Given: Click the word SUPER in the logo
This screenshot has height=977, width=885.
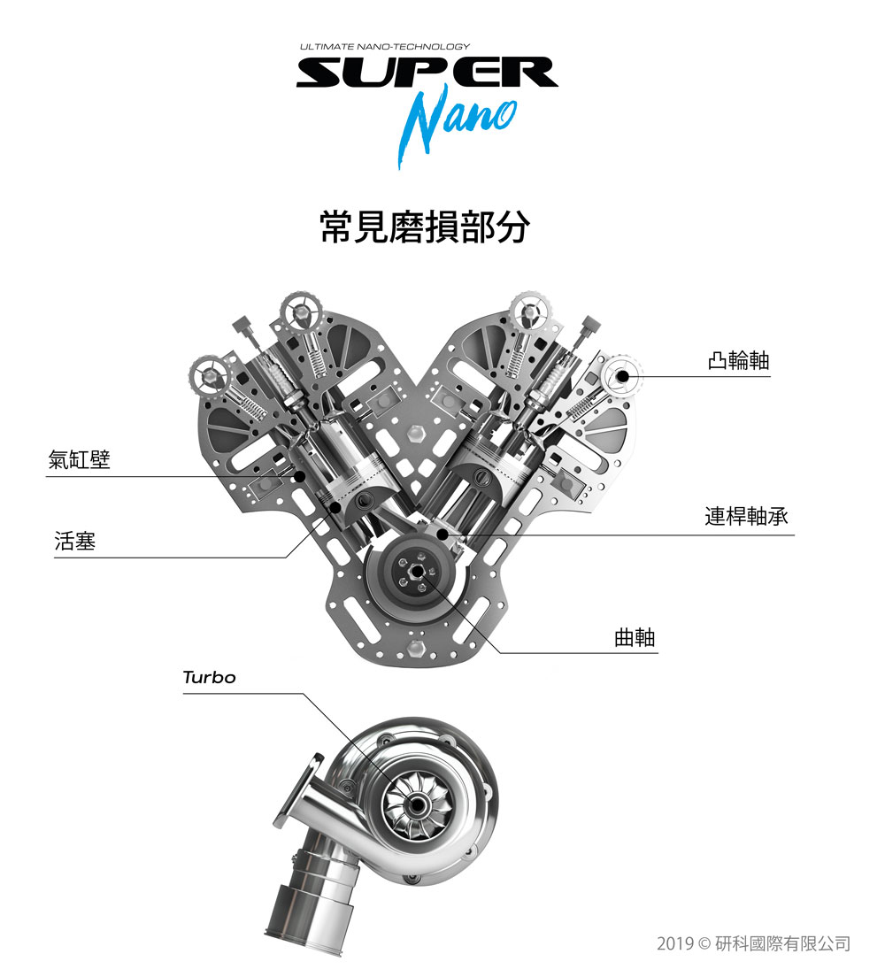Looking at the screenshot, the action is [x=427, y=72].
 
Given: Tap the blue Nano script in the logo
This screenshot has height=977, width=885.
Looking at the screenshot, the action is [x=457, y=125].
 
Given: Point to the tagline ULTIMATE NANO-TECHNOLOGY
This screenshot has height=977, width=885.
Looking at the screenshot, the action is [x=385, y=46].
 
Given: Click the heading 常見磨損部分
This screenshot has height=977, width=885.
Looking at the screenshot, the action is [x=425, y=227].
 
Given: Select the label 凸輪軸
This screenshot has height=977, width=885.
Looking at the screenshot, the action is [x=739, y=360].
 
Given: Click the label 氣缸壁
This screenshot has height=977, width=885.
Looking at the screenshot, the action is [x=79, y=459].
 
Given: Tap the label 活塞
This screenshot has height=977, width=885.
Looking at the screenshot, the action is [x=75, y=541].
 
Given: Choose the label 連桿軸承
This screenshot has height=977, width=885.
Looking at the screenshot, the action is [x=747, y=516].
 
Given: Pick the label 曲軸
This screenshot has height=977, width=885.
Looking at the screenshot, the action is [x=635, y=637].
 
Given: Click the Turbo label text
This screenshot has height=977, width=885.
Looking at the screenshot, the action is [x=210, y=677].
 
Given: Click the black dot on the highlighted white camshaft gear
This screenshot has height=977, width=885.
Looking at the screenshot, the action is [x=622, y=376].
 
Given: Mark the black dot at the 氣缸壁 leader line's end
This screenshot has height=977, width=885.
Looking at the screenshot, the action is [x=300, y=477].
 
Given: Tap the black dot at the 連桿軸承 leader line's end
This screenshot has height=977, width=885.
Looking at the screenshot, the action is [x=442, y=534].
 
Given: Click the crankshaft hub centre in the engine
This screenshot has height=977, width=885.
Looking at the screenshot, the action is [x=414, y=570].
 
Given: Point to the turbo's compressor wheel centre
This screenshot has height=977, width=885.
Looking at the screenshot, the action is [x=416, y=805].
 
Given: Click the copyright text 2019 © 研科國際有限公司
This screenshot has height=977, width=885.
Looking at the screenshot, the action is [x=753, y=943].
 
